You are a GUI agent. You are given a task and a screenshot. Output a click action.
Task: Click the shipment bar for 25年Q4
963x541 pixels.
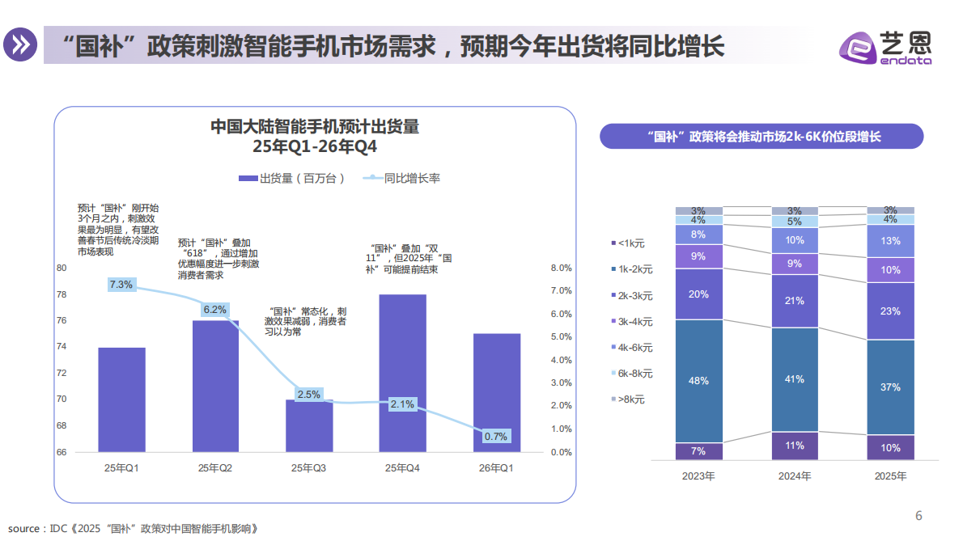tap(402, 373)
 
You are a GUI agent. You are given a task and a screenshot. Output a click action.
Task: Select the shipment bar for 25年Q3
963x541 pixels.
tap(309, 425)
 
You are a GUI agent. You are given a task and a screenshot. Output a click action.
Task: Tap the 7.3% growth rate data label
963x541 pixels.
tap(121, 285)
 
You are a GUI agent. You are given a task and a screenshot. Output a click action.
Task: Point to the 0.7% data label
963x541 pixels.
tap(495, 436)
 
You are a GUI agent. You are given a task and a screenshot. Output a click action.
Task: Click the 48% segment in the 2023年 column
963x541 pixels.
tap(698, 380)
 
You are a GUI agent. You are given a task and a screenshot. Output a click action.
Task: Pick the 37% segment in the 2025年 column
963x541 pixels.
tap(890, 387)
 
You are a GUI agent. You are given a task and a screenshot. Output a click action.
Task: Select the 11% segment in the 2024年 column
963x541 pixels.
tap(794, 446)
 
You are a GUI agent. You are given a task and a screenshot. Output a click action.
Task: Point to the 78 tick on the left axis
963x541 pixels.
tap(61, 294)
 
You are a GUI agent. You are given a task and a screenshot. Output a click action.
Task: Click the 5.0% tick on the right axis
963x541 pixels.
tap(561, 336)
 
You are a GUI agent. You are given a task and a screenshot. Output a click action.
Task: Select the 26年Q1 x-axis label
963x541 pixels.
tap(496, 467)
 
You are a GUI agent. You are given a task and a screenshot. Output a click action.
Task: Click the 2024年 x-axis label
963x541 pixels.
tap(795, 476)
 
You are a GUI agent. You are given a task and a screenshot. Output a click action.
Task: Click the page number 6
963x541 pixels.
tap(918, 516)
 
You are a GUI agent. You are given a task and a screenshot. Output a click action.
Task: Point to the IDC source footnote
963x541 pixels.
tap(134, 529)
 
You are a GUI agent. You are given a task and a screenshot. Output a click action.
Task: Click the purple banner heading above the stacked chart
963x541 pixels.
tap(761, 137)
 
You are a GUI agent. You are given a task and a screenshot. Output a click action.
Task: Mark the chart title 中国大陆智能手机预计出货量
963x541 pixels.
tap(315, 127)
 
